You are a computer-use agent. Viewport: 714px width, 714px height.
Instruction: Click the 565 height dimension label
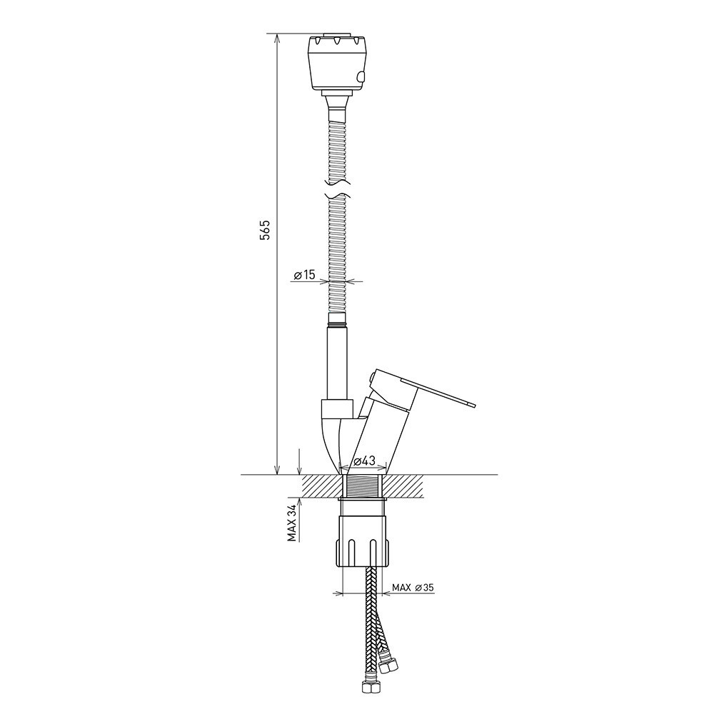[x=266, y=230]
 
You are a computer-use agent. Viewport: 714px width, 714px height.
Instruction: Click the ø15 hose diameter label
[x=305, y=275]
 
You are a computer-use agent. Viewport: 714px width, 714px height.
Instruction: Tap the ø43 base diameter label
[x=364, y=461]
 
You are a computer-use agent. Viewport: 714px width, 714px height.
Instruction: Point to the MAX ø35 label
[x=413, y=588]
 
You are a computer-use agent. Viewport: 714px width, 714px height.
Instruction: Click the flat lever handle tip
[x=472, y=405]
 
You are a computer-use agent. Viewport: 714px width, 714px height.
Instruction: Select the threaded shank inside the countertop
[x=363, y=486]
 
